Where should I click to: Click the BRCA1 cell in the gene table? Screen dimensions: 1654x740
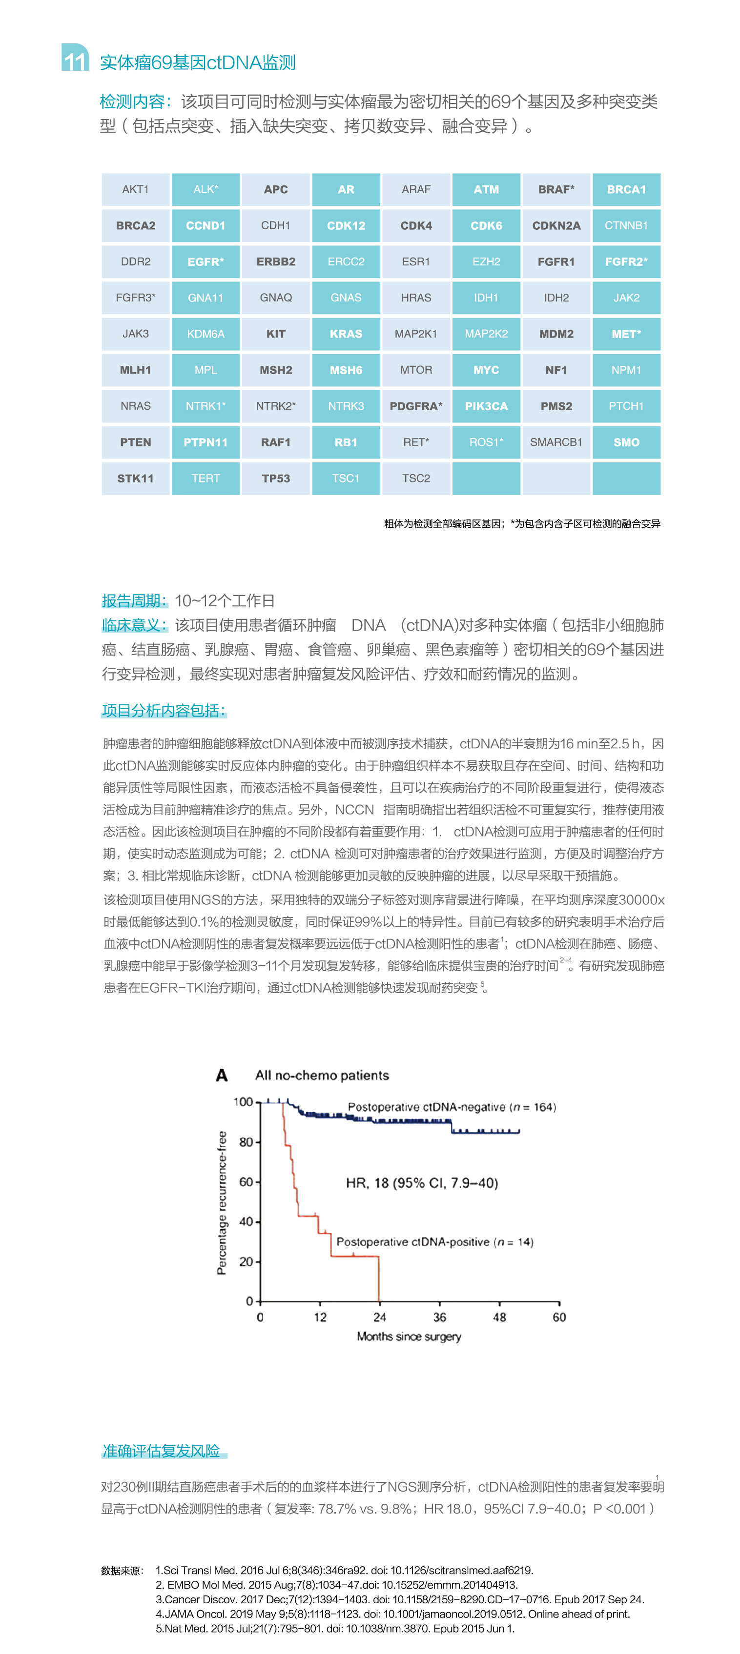(x=626, y=189)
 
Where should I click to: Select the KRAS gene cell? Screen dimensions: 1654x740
(x=346, y=334)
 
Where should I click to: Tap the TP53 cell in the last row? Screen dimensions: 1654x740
(x=276, y=478)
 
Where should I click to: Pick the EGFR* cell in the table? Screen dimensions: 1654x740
(x=206, y=262)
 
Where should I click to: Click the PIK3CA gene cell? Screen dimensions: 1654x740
(x=486, y=406)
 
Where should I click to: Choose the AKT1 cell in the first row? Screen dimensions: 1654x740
(x=136, y=189)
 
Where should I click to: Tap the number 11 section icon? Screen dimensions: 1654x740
(x=75, y=59)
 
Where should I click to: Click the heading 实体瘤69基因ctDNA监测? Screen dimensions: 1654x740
(x=198, y=63)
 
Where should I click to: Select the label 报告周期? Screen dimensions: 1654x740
(x=134, y=601)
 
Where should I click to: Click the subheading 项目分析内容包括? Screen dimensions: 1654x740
(x=164, y=711)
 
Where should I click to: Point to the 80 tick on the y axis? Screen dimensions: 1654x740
(x=246, y=1142)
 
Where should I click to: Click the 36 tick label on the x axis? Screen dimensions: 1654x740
(x=439, y=1317)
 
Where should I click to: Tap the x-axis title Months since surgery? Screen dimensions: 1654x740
(x=409, y=1337)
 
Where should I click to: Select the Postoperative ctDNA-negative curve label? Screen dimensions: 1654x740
(x=452, y=1107)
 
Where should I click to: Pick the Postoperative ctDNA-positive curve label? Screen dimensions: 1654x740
(x=435, y=1242)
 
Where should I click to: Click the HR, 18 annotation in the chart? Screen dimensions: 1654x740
(x=422, y=1183)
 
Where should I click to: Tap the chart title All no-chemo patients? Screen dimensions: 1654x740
(x=322, y=1076)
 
